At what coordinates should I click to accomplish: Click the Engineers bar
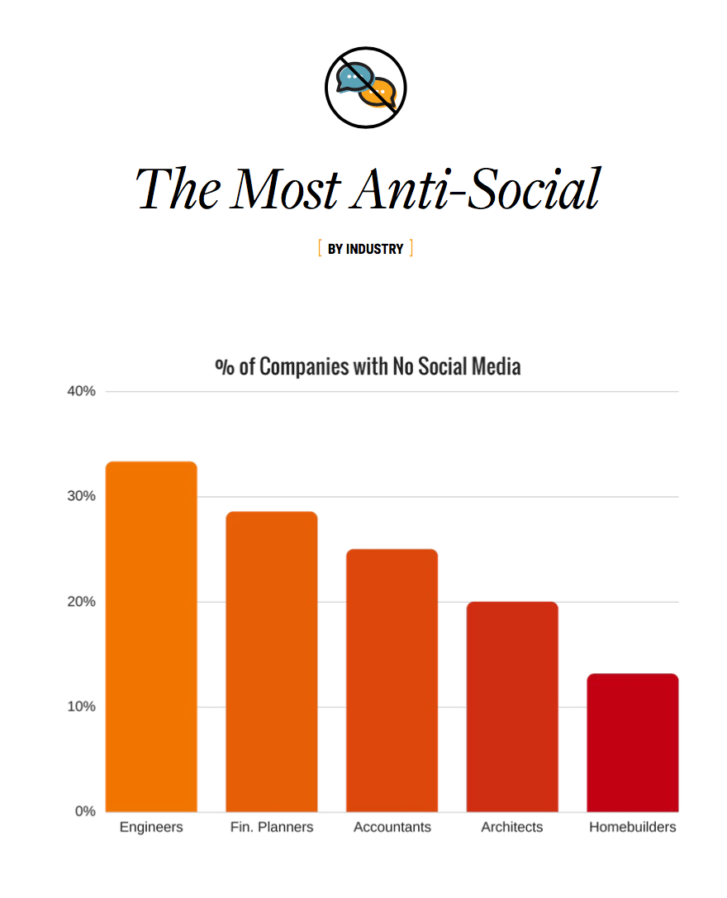click(x=151, y=636)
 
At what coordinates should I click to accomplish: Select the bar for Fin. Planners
click(x=272, y=661)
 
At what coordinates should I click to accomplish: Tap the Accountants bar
click(x=392, y=680)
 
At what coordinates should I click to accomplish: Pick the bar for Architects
click(x=512, y=706)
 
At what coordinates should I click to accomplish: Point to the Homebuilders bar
click(x=632, y=742)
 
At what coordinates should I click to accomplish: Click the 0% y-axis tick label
click(x=85, y=811)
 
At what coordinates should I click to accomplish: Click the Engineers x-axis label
click(x=151, y=827)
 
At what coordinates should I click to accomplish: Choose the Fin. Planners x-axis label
click(x=272, y=827)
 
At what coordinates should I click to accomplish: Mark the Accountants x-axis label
click(x=392, y=827)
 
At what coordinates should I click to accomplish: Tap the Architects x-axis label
click(x=512, y=827)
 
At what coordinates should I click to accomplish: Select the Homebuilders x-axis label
click(x=632, y=827)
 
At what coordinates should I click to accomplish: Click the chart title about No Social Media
click(x=368, y=366)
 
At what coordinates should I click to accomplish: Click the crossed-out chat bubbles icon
click(x=365, y=88)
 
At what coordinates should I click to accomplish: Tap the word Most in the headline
click(x=285, y=189)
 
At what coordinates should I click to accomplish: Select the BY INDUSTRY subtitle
click(x=365, y=249)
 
